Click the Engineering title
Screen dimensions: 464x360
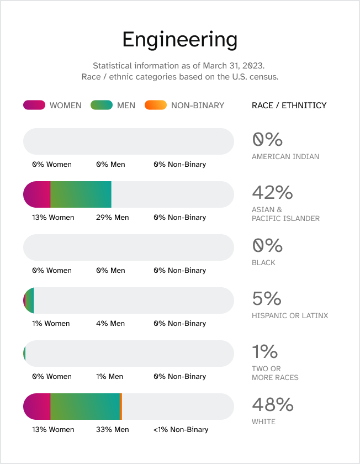tap(179, 40)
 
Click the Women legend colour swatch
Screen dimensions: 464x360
tap(34, 105)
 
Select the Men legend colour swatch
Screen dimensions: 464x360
tap(101, 105)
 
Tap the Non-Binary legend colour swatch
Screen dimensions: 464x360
tap(155, 105)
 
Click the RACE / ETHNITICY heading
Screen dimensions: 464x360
tap(289, 105)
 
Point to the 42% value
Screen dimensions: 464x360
tap(272, 192)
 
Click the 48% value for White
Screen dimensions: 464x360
tap(272, 404)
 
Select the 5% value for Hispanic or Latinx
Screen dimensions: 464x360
tap(267, 298)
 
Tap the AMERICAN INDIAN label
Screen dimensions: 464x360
tap(285, 156)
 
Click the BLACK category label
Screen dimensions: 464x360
tap(263, 262)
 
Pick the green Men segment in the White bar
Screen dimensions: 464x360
tap(85, 407)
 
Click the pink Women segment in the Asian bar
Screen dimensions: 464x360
tap(38, 194)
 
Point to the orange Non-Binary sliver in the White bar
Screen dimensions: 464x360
tap(121, 407)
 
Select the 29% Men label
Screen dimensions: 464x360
tap(112, 217)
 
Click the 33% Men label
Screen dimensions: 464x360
tap(112, 429)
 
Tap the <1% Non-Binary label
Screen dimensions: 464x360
tap(181, 429)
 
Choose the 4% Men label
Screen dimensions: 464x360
tap(110, 323)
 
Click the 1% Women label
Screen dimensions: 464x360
tap(51, 323)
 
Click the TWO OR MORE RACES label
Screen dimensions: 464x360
tap(275, 373)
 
